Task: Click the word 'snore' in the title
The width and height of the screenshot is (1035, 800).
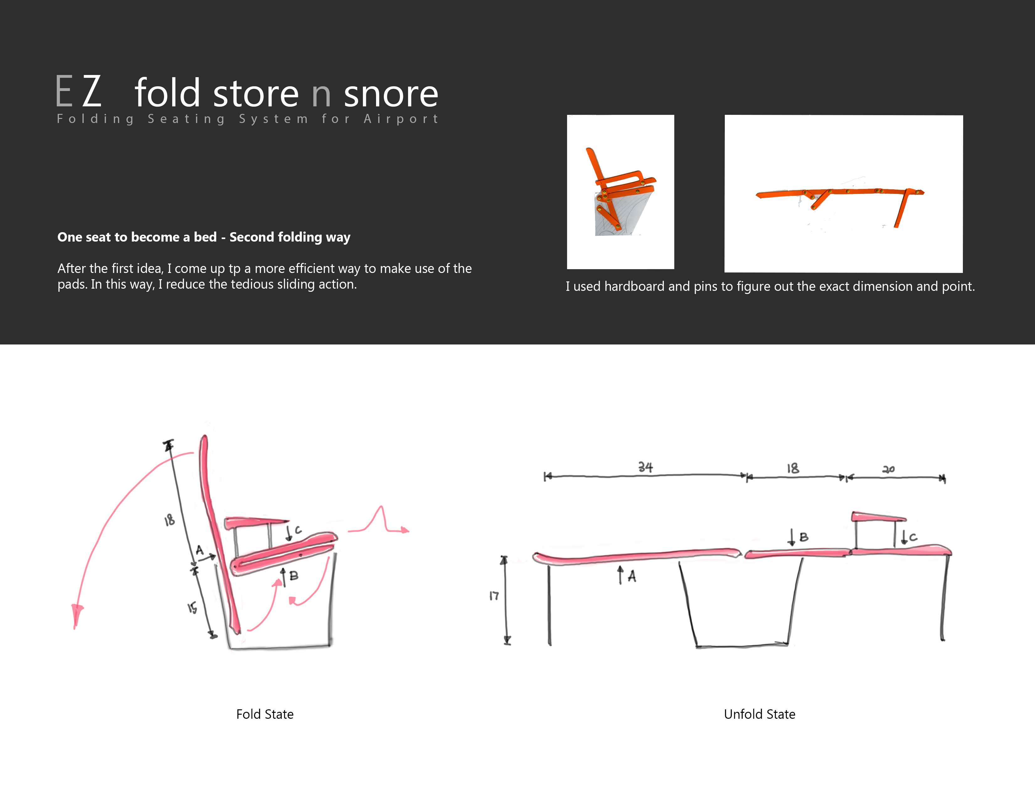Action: tap(391, 93)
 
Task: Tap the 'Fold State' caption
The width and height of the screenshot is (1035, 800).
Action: tap(265, 714)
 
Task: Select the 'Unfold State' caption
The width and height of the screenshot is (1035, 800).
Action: tap(760, 714)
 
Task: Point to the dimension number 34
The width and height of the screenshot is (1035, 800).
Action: tap(645, 467)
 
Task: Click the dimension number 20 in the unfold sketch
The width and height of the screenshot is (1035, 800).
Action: tap(889, 469)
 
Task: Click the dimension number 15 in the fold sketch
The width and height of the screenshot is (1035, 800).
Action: tap(192, 608)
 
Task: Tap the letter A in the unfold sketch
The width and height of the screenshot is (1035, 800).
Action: tap(632, 576)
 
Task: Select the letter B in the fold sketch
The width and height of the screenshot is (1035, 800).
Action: tap(294, 576)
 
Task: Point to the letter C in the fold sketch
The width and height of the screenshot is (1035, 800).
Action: tap(298, 530)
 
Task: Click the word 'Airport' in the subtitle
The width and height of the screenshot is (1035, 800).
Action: tap(401, 119)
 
